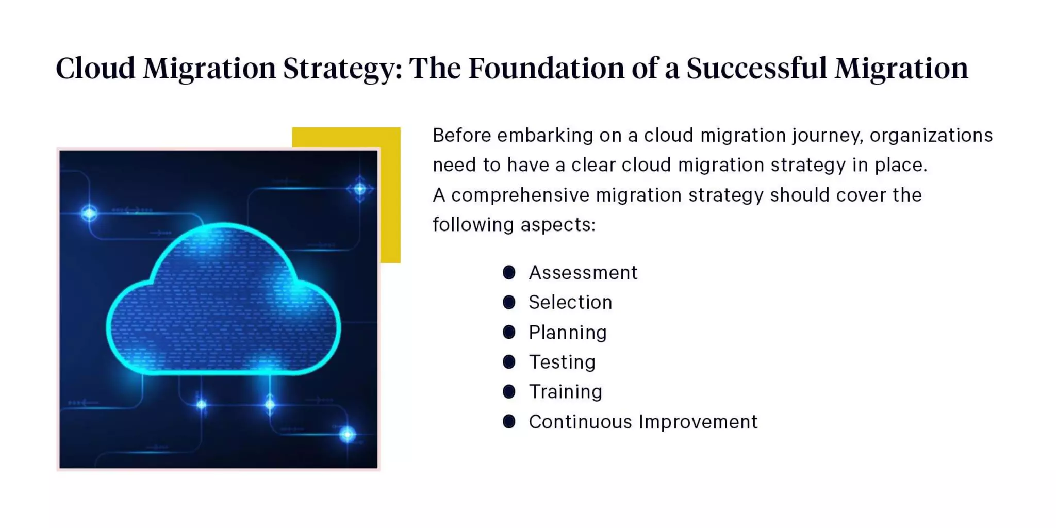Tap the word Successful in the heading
[x=756, y=68]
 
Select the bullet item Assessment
[x=583, y=273]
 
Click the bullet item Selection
[x=570, y=303]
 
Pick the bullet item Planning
[x=568, y=333]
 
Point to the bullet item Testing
[x=562, y=362]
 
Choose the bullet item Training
[x=566, y=392]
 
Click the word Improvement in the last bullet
[x=698, y=422]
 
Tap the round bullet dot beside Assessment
[x=509, y=272]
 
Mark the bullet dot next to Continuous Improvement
[x=509, y=422]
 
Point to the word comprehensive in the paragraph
[x=520, y=195]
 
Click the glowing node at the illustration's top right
[x=360, y=189]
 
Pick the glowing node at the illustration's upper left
[x=89, y=213]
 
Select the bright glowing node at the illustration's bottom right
[x=348, y=435]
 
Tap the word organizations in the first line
[x=931, y=136]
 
